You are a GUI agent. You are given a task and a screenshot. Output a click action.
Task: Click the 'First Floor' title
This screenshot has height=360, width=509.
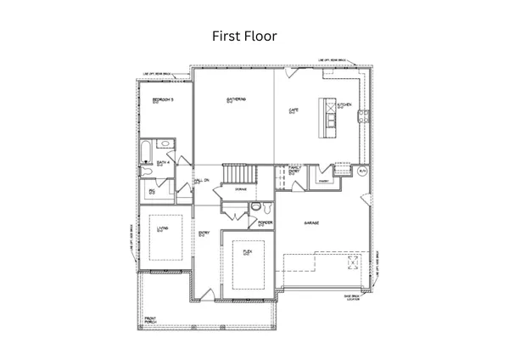tap(243, 37)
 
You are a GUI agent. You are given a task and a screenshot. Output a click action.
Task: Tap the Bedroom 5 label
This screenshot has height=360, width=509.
tap(163, 101)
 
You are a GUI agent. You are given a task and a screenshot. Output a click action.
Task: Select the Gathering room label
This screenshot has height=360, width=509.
tap(236, 100)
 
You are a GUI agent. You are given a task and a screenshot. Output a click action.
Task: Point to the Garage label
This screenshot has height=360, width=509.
tap(311, 222)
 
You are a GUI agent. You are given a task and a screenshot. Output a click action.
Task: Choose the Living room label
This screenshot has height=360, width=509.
tap(160, 228)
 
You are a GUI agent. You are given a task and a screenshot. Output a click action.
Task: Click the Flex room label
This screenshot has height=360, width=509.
tap(247, 252)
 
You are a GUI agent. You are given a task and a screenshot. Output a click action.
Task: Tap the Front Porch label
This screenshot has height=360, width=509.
tap(150, 321)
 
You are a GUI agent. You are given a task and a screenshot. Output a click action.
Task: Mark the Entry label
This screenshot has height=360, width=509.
tap(204, 233)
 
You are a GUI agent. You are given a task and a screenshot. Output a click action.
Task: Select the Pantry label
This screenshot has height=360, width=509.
tap(324, 181)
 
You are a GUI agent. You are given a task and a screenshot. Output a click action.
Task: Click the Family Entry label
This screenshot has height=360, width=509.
tap(294, 171)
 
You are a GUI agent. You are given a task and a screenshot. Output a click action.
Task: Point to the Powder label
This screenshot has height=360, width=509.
tap(264, 223)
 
